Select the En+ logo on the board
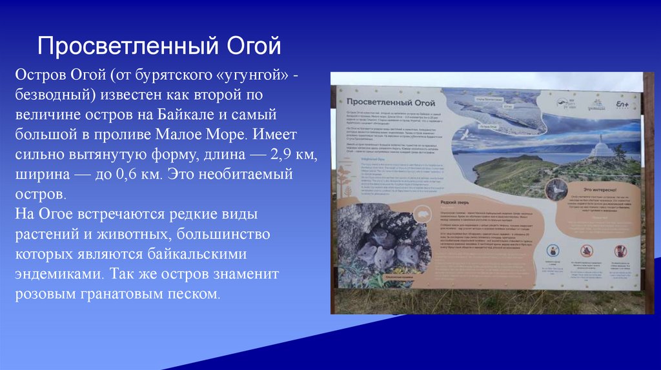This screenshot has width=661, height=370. click(x=622, y=103)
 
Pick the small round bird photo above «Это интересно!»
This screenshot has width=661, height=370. click(x=556, y=188)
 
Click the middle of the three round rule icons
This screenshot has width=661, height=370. click(x=586, y=251)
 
